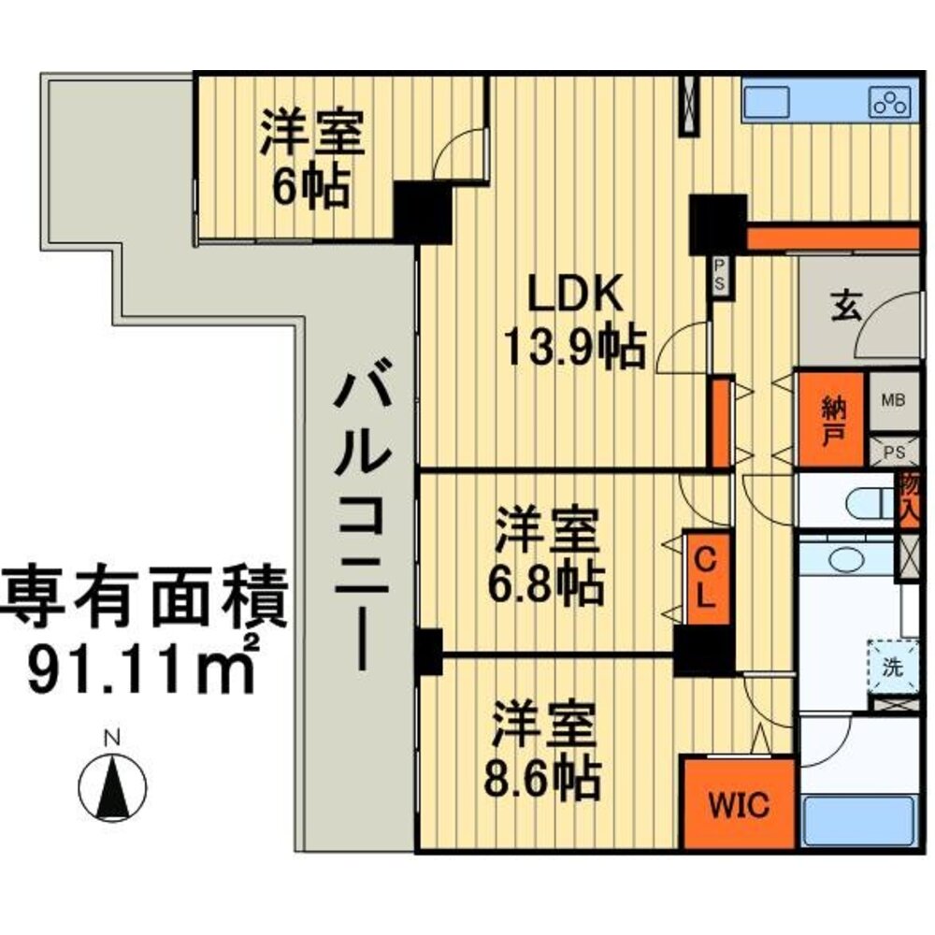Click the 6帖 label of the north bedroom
coord(311,188)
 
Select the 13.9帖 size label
coord(574,349)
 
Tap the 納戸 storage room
coord(829,419)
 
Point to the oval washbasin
coord(848,560)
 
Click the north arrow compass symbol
coord(111,784)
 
